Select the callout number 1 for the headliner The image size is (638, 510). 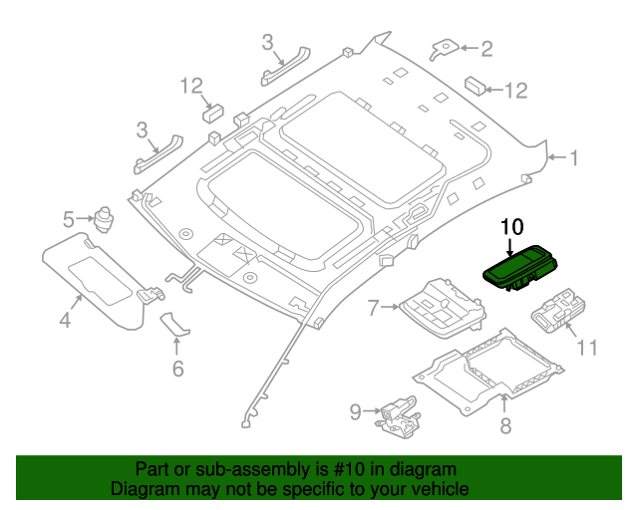(573, 156)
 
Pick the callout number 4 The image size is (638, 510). (65, 320)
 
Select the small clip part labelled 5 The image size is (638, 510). (104, 214)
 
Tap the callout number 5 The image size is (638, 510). (69, 218)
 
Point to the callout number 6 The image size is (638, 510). (177, 369)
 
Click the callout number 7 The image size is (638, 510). (373, 309)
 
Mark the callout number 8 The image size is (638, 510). (504, 425)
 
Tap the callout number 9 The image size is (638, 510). (354, 409)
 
